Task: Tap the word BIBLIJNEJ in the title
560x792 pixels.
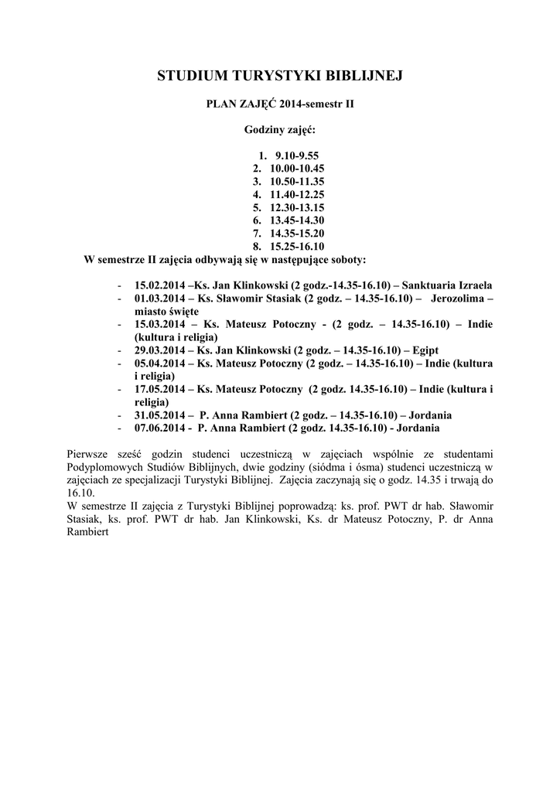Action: [x=362, y=75]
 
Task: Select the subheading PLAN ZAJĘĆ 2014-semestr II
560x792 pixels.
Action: [x=279, y=103]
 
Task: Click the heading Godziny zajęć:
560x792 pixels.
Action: [x=279, y=130]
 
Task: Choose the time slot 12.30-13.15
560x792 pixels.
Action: [x=297, y=208]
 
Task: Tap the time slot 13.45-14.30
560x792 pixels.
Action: [x=297, y=220]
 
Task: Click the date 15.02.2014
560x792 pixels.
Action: [x=159, y=285]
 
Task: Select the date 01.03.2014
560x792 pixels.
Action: [x=159, y=298]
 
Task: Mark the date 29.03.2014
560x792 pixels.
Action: [x=159, y=350]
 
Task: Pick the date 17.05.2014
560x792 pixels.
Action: [x=159, y=389]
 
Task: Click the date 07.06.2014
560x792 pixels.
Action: [x=159, y=427]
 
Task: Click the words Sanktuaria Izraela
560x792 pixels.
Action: [x=448, y=285]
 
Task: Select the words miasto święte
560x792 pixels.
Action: [x=166, y=311]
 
